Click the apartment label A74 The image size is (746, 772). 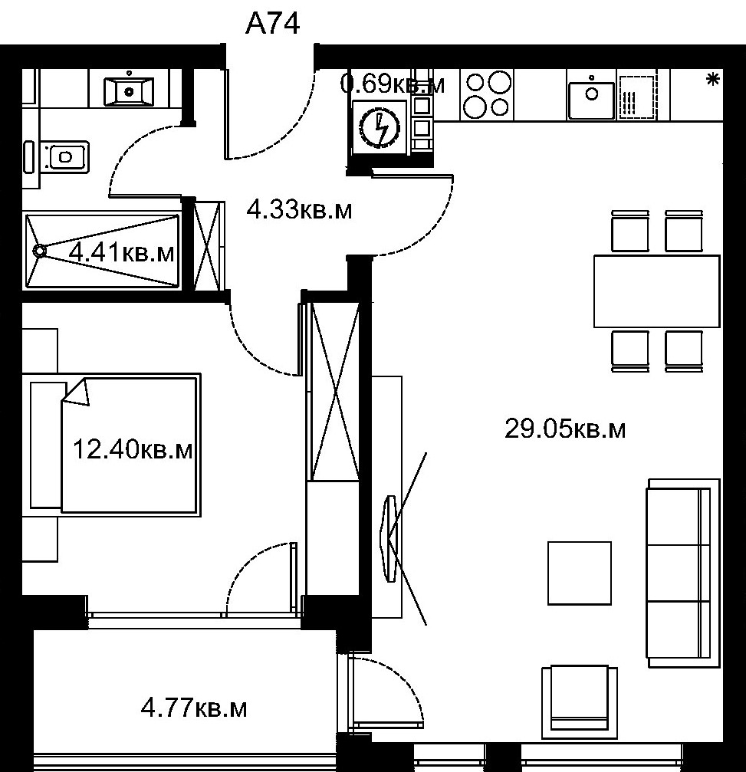click(x=272, y=24)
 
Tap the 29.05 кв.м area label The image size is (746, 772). click(x=565, y=429)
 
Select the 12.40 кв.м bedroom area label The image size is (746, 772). click(x=133, y=449)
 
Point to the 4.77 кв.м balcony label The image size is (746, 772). click(x=193, y=709)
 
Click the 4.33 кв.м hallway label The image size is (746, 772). click(x=299, y=210)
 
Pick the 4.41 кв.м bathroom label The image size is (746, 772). click(x=122, y=252)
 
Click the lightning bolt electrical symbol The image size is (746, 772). click(x=380, y=129)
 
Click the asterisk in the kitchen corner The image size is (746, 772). click(x=712, y=80)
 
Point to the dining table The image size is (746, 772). click(x=656, y=291)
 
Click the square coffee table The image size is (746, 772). click(x=580, y=573)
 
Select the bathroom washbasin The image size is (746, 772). click(x=129, y=90)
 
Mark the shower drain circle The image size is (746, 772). click(x=40, y=251)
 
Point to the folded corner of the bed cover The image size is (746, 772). click(x=77, y=393)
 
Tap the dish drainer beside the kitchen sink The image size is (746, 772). click(x=638, y=97)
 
